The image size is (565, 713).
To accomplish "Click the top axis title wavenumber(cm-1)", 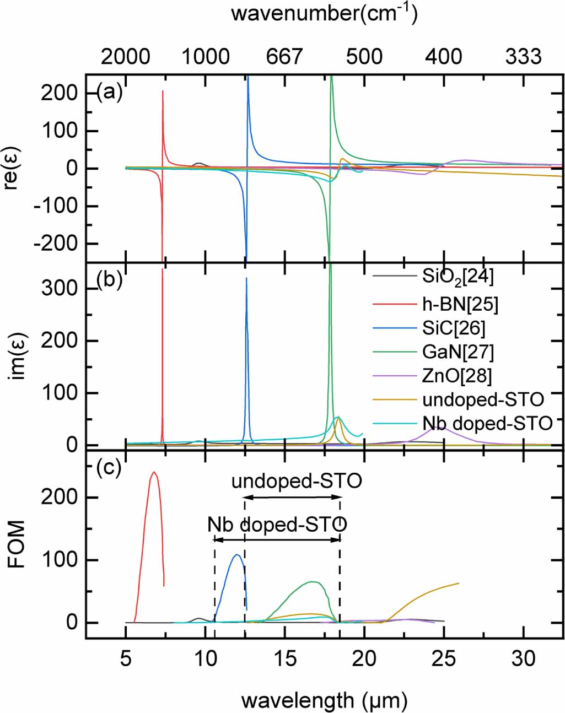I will point(324,12).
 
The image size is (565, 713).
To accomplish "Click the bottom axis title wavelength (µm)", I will point(324,700).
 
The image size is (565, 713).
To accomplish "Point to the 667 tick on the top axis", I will point(284,56).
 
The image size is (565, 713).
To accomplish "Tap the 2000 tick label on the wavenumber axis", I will point(125,56).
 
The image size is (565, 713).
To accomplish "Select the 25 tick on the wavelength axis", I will point(444,658).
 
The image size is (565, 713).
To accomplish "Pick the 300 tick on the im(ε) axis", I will point(60,288).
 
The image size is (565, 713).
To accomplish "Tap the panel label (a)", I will point(109,91).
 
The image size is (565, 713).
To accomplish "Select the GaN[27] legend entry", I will point(458,352).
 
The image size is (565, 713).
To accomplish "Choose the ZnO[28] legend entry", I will point(457,376).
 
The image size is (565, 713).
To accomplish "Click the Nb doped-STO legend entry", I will point(487,423).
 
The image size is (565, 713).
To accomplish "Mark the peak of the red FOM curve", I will point(154,472).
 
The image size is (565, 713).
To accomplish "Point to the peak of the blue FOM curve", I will point(237,555).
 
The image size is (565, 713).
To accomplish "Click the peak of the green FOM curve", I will point(313,582).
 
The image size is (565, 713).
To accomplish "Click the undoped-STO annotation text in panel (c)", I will point(297,481).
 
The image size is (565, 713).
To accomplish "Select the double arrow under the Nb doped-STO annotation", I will point(277,539).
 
